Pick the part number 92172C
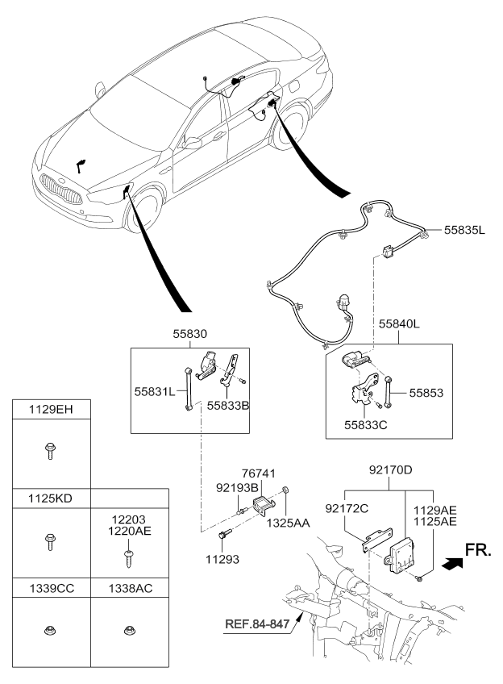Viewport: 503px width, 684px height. (x=347, y=508)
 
